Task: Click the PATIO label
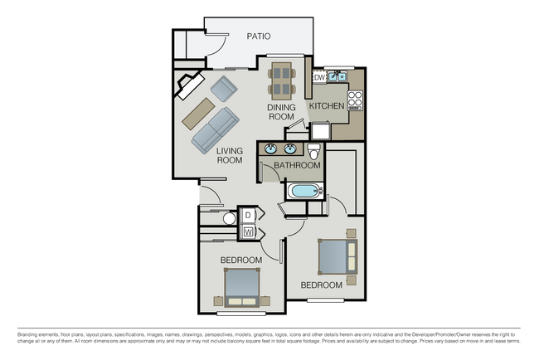(259, 36)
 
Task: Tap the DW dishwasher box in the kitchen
(318, 77)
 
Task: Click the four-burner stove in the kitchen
(355, 100)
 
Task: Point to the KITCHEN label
(327, 107)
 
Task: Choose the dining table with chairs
(282, 80)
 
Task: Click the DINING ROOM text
(281, 112)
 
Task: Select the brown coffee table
(198, 113)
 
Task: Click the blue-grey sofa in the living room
(214, 131)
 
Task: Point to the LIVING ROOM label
(230, 155)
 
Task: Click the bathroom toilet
(313, 152)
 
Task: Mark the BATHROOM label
(297, 166)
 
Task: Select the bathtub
(302, 192)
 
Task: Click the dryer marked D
(247, 216)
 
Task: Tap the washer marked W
(247, 231)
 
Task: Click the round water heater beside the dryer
(230, 219)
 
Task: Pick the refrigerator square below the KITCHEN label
(320, 130)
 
